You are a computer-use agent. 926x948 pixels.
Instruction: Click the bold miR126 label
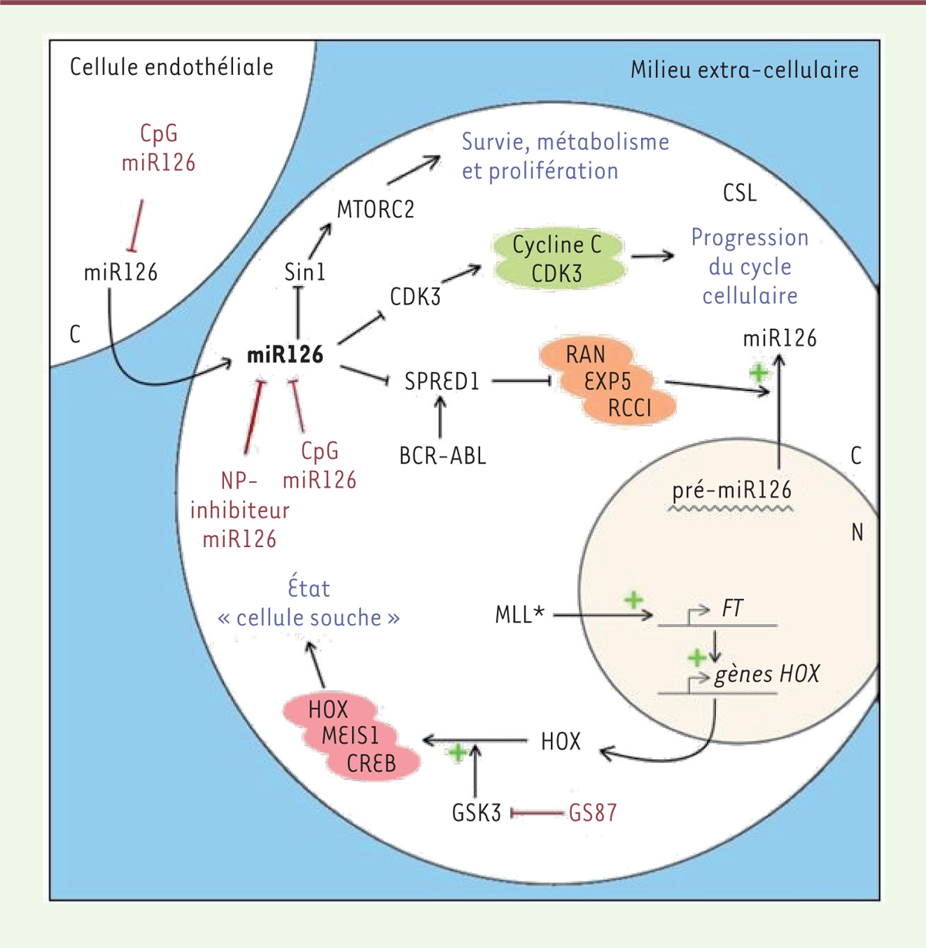pos(285,355)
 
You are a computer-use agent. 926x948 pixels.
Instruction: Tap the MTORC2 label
pos(375,210)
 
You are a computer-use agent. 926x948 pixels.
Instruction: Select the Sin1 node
pos(305,272)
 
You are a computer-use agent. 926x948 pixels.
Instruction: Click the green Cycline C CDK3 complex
pos(558,258)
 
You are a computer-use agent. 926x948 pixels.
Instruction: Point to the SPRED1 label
pos(442,381)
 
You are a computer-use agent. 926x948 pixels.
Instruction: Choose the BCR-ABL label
pos(442,456)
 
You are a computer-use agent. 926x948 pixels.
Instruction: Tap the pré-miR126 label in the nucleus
pos(732,490)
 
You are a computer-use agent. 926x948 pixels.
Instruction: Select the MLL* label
pos(519,614)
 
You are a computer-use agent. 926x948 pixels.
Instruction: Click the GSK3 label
pos(476,812)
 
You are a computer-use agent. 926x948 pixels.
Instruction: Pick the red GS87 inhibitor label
pos(593,812)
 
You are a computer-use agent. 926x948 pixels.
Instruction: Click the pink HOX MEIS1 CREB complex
pos(351,736)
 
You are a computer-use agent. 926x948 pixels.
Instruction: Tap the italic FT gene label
pos(732,608)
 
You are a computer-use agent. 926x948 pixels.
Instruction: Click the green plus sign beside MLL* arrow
pos(634,599)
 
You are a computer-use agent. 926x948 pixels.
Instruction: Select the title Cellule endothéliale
pos(171,67)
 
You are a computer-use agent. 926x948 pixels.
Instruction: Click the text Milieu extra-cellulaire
pos(745,69)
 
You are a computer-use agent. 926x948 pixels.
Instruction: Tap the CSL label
pos(739,193)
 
